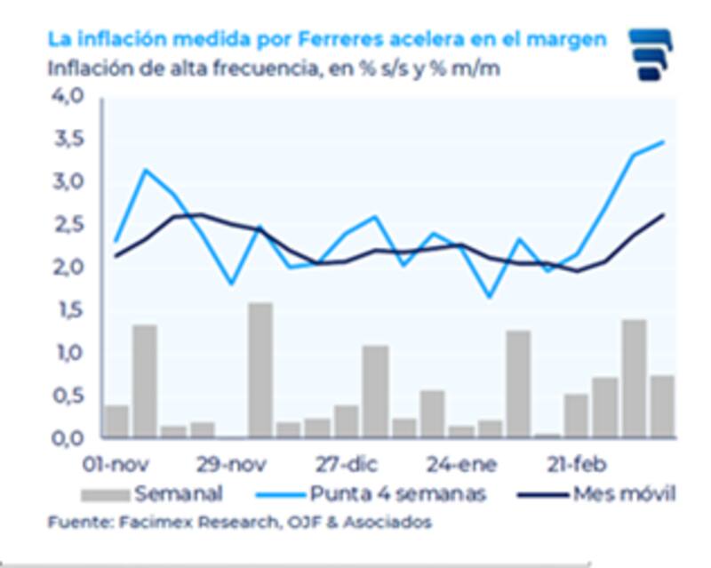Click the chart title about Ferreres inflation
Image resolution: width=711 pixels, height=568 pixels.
[x=328, y=39]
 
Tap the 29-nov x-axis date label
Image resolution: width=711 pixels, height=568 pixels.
[x=232, y=465]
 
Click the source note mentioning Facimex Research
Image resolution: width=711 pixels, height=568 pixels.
[x=239, y=523]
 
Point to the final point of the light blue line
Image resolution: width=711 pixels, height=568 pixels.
[x=663, y=142]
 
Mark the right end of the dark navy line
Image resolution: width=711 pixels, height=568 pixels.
[x=663, y=214]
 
